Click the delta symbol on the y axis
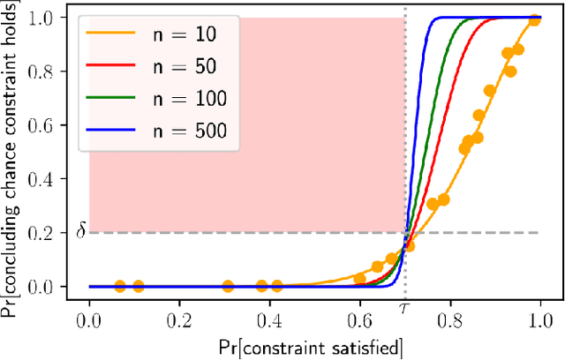coord(80,232)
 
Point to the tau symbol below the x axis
coord(404,310)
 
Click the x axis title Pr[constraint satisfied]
coord(314,344)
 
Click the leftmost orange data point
coord(120,286)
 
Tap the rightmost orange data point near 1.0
coord(534,19)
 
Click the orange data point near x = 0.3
coord(228,286)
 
